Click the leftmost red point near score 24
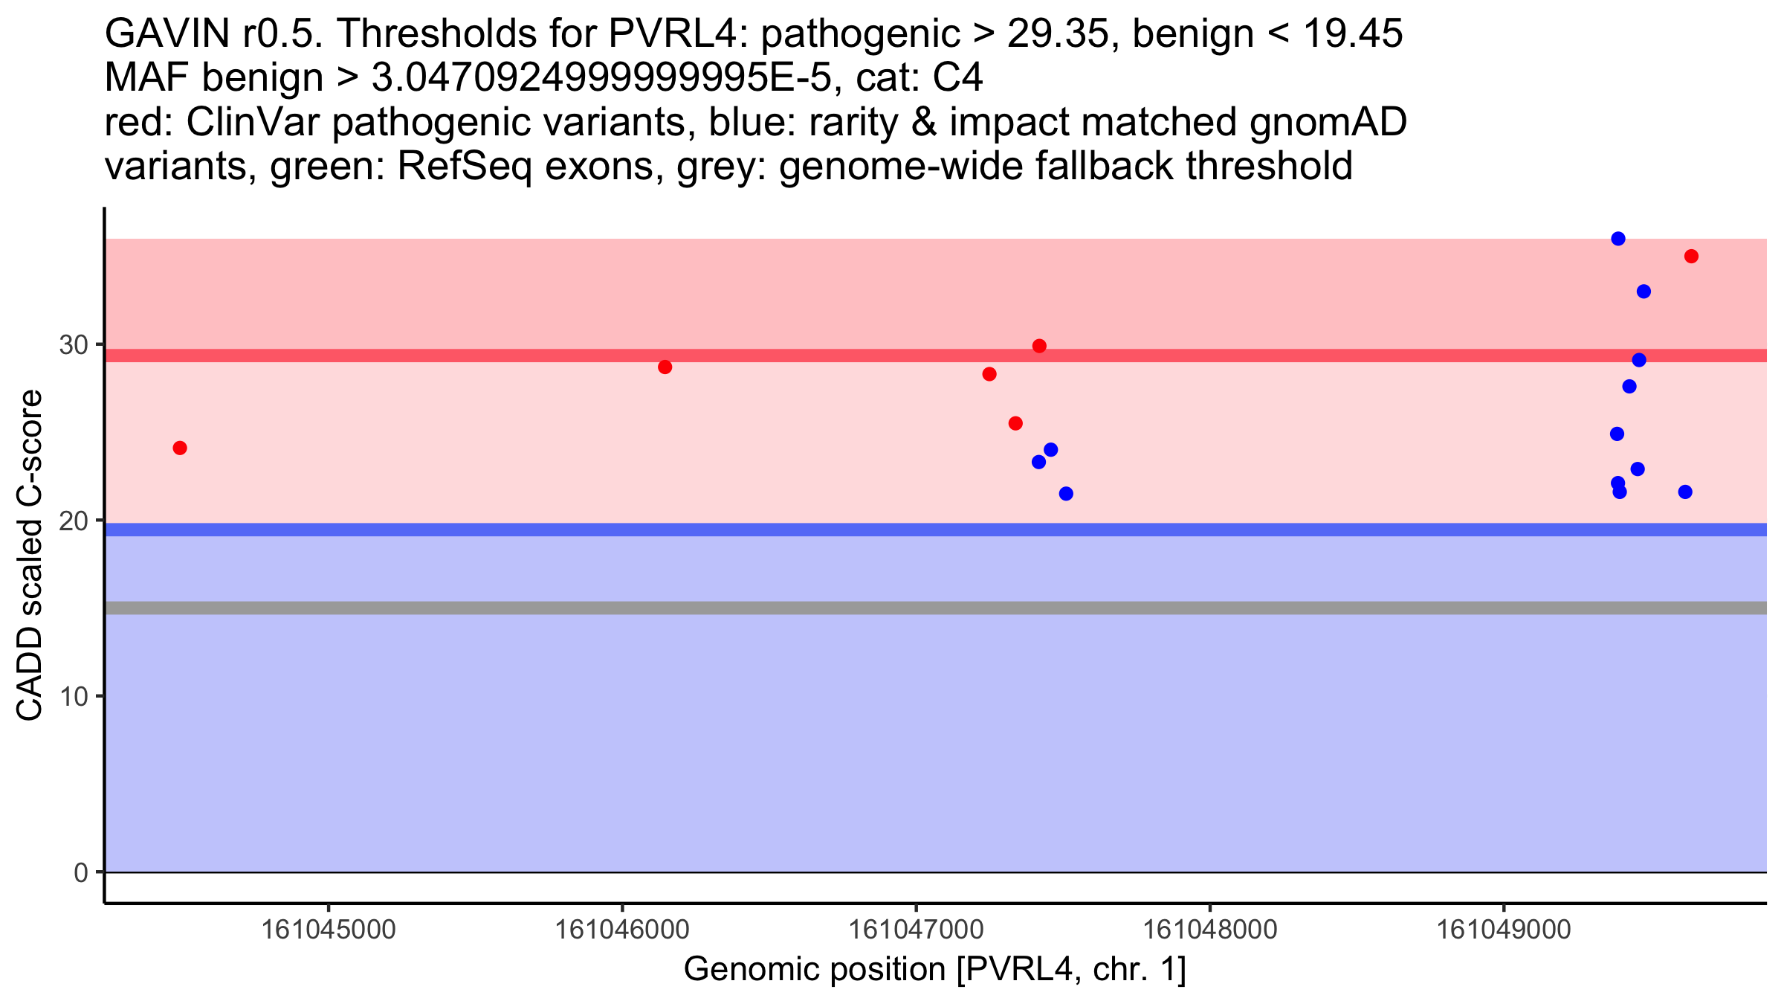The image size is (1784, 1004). point(180,448)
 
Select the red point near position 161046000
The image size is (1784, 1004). point(665,367)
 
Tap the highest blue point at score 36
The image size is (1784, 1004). point(1618,239)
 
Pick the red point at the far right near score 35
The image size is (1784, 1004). point(1691,257)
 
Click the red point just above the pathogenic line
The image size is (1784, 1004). point(1039,346)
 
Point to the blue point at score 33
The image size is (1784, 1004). point(1644,292)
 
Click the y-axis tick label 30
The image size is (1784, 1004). point(73,345)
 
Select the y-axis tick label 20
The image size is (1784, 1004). point(73,521)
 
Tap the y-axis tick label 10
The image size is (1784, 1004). point(73,697)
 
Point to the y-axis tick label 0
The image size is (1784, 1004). point(81,872)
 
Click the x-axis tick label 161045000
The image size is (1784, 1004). point(329,930)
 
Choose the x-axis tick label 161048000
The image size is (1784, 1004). point(1209,930)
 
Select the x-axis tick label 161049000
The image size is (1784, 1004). point(1504,930)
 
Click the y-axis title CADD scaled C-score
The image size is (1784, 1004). point(30,556)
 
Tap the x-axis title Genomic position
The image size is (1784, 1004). point(934,970)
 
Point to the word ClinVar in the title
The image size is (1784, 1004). point(253,123)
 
